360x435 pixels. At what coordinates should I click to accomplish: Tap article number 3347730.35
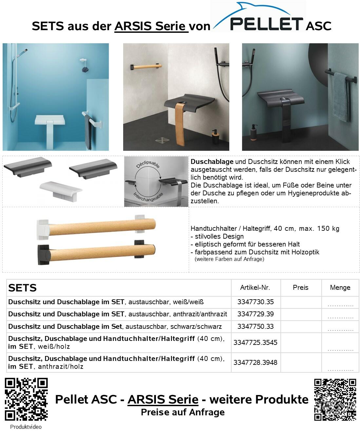click(x=256, y=302)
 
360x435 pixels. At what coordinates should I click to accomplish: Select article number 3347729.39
click(x=256, y=314)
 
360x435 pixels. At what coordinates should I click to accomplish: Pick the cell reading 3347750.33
click(x=256, y=326)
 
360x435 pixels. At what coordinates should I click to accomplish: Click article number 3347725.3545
click(x=256, y=343)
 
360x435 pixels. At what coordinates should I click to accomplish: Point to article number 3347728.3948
click(x=256, y=363)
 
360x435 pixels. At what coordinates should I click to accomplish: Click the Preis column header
click(x=301, y=287)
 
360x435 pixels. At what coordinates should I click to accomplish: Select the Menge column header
click(x=340, y=287)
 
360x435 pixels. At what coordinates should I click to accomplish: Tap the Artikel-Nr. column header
click(x=255, y=287)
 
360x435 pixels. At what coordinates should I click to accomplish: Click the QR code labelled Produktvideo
click(x=26, y=399)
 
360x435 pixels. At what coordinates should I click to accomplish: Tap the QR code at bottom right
click(x=335, y=399)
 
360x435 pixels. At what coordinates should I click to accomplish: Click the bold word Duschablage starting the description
click(x=212, y=162)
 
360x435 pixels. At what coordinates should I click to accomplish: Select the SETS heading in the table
click(x=22, y=288)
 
